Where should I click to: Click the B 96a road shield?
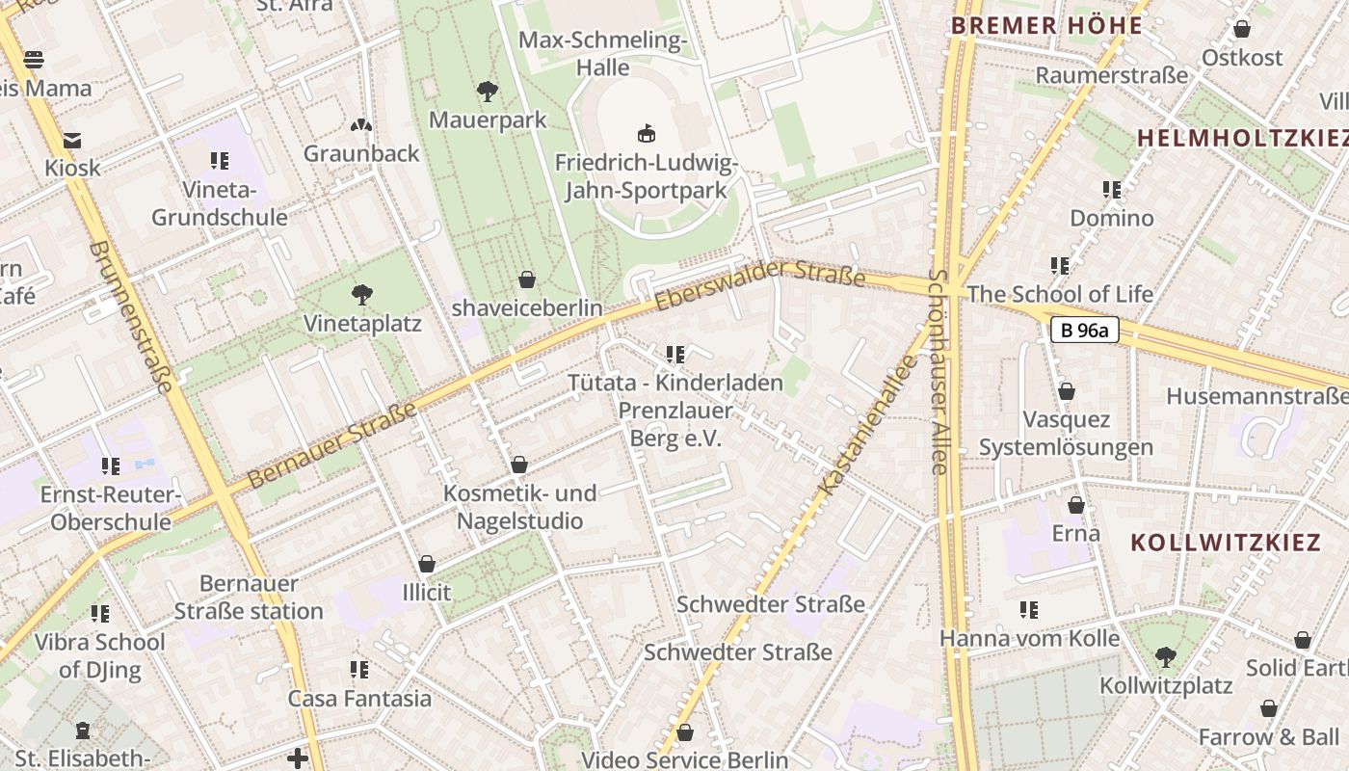[1084, 331]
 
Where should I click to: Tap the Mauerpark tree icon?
[488, 92]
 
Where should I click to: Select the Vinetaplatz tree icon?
[362, 294]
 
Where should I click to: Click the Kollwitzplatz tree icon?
[1166, 657]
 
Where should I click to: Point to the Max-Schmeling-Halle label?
[603, 54]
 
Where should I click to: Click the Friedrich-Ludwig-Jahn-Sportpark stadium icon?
[647, 134]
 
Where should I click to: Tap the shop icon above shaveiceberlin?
[527, 279]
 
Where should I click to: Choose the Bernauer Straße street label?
[331, 445]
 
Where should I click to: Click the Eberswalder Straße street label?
[760, 285]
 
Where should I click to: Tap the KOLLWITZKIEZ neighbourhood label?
[1226, 542]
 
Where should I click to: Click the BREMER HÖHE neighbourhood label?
[1046, 26]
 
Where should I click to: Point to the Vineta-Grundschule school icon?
[220, 161]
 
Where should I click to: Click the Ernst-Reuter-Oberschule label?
[111, 509]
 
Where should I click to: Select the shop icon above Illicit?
[427, 563]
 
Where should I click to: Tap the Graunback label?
[361, 153]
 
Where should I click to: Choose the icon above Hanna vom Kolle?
[1029, 610]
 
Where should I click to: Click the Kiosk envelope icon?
[72, 141]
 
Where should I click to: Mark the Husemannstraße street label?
[1256, 396]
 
